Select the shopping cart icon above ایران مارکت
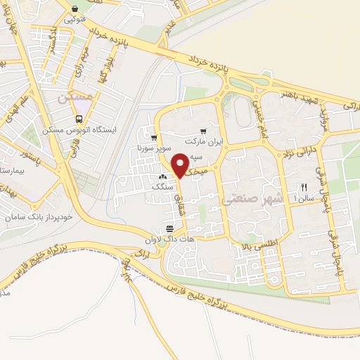(x=203, y=131)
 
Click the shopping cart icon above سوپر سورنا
(x=153, y=138)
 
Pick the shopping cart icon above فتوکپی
(x=76, y=10)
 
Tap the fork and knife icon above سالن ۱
(x=304, y=187)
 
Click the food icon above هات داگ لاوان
(x=169, y=229)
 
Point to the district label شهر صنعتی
(x=252, y=200)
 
